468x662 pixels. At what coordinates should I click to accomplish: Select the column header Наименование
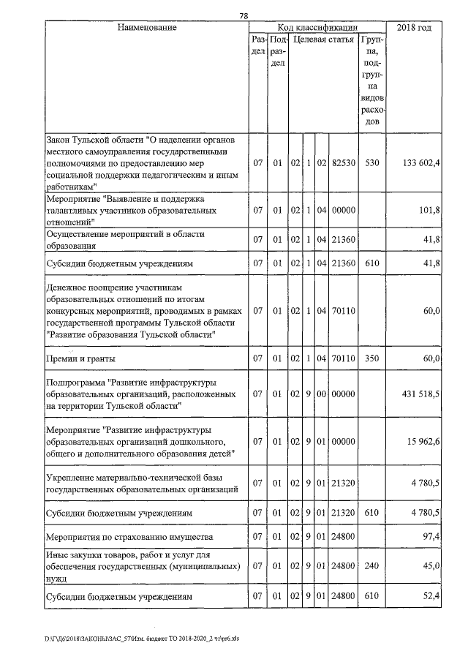[147, 28]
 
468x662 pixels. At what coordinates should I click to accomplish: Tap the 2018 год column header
[414, 28]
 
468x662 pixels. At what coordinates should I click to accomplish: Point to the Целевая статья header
[324, 40]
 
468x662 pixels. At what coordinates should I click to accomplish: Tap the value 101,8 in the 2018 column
[428, 211]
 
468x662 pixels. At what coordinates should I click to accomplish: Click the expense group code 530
[372, 162]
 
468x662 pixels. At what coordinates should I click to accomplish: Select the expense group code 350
[372, 358]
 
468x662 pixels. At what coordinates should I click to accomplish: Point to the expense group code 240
[372, 566]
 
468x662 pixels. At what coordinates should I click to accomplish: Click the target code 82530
[343, 162]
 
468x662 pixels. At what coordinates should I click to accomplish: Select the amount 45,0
[430, 566]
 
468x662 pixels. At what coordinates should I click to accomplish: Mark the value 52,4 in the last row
[430, 597]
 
